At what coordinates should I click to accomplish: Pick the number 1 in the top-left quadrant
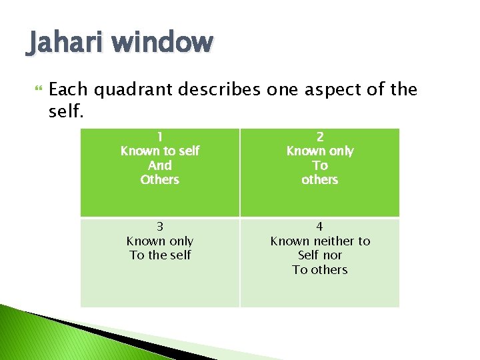pyautogui.click(x=160, y=137)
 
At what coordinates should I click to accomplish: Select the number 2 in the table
pyautogui.click(x=320, y=137)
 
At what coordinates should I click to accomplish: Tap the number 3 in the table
pyautogui.click(x=160, y=227)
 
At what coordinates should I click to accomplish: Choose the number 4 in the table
pyautogui.click(x=320, y=227)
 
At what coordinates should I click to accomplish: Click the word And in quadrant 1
pyautogui.click(x=160, y=165)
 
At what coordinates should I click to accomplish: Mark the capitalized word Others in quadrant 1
pyautogui.click(x=160, y=180)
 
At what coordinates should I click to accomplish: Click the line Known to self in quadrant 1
pyautogui.click(x=160, y=151)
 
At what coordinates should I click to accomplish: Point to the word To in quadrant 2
pyautogui.click(x=320, y=165)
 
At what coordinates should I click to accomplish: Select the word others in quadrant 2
pyautogui.click(x=320, y=180)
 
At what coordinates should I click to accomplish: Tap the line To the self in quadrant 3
pyautogui.click(x=160, y=255)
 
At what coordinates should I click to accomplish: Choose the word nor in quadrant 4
pyautogui.click(x=332, y=255)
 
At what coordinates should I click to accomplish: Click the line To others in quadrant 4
pyautogui.click(x=320, y=270)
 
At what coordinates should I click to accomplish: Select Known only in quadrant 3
pyautogui.click(x=160, y=241)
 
